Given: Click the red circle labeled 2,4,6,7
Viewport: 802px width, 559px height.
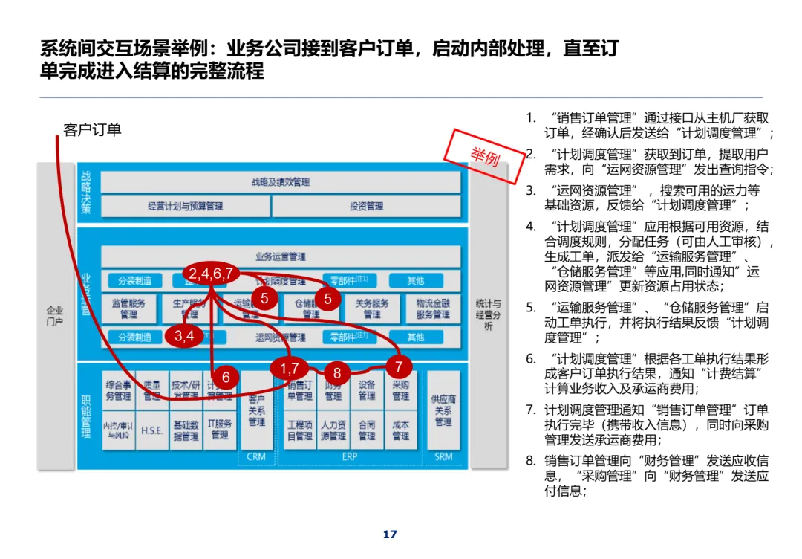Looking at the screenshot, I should click(211, 274).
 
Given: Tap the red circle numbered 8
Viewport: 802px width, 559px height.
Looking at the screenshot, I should click(337, 373).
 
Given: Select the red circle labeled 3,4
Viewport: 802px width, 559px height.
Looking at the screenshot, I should click(183, 336).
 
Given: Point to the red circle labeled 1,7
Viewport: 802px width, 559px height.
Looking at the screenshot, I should click(290, 368).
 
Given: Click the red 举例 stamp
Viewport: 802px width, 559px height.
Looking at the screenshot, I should click(484, 157).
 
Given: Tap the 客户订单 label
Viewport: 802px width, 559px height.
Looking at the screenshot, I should click(92, 130).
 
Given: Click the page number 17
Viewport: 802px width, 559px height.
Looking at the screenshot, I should click(390, 534).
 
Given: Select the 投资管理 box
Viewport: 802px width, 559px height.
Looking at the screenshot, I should click(366, 206).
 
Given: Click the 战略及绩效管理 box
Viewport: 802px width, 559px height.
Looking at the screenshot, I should click(280, 182).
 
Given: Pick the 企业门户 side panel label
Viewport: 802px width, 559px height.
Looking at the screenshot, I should click(55, 316).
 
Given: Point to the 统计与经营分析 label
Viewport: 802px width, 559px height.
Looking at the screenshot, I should click(488, 315).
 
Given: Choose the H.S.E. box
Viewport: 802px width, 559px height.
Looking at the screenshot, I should click(151, 430).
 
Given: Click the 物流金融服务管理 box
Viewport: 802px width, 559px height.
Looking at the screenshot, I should click(433, 309).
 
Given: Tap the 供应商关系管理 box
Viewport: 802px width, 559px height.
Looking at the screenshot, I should click(443, 410).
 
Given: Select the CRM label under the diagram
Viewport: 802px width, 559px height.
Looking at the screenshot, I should click(256, 456).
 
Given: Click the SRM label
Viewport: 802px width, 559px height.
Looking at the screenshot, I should click(443, 456).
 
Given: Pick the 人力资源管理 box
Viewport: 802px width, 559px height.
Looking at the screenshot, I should click(333, 430).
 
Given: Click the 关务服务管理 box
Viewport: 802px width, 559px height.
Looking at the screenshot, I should click(372, 309).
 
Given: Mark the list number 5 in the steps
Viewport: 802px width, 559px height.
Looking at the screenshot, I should click(530, 307).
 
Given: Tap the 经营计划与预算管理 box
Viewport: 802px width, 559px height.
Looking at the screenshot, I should click(185, 206).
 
